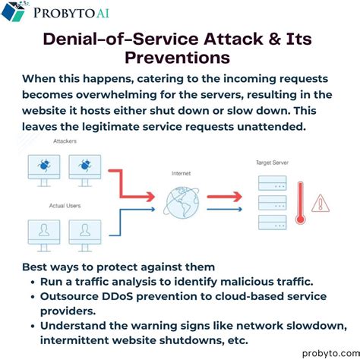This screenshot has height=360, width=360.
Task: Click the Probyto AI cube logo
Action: tap(14, 11)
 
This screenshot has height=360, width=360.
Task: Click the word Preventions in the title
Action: tap(177, 58)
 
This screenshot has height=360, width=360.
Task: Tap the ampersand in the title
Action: tap(274, 39)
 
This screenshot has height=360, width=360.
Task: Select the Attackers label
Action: tap(65, 141)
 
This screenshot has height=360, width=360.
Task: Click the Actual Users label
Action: tap(65, 206)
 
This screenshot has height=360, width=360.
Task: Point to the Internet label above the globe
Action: tap(181, 173)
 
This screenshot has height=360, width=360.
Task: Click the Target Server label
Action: tap(272, 163)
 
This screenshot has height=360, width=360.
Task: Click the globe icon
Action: tap(182, 203)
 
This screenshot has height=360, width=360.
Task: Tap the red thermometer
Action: tap(300, 203)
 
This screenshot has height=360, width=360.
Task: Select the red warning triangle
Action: tap(321, 203)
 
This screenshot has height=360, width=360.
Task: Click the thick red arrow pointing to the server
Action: tap(224, 197)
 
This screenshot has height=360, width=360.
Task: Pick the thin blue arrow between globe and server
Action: tap(224, 210)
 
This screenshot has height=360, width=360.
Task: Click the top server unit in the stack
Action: tap(273, 183)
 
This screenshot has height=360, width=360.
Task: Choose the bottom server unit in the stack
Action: tap(273, 223)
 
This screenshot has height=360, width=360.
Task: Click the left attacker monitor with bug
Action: tap(44, 171)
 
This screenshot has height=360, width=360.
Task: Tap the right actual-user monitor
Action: tap(85, 235)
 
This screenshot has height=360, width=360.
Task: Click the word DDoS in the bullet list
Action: tap(117, 296)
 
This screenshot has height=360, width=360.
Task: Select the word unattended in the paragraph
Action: tap(271, 127)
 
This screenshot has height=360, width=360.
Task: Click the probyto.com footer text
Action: tap(331, 353)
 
